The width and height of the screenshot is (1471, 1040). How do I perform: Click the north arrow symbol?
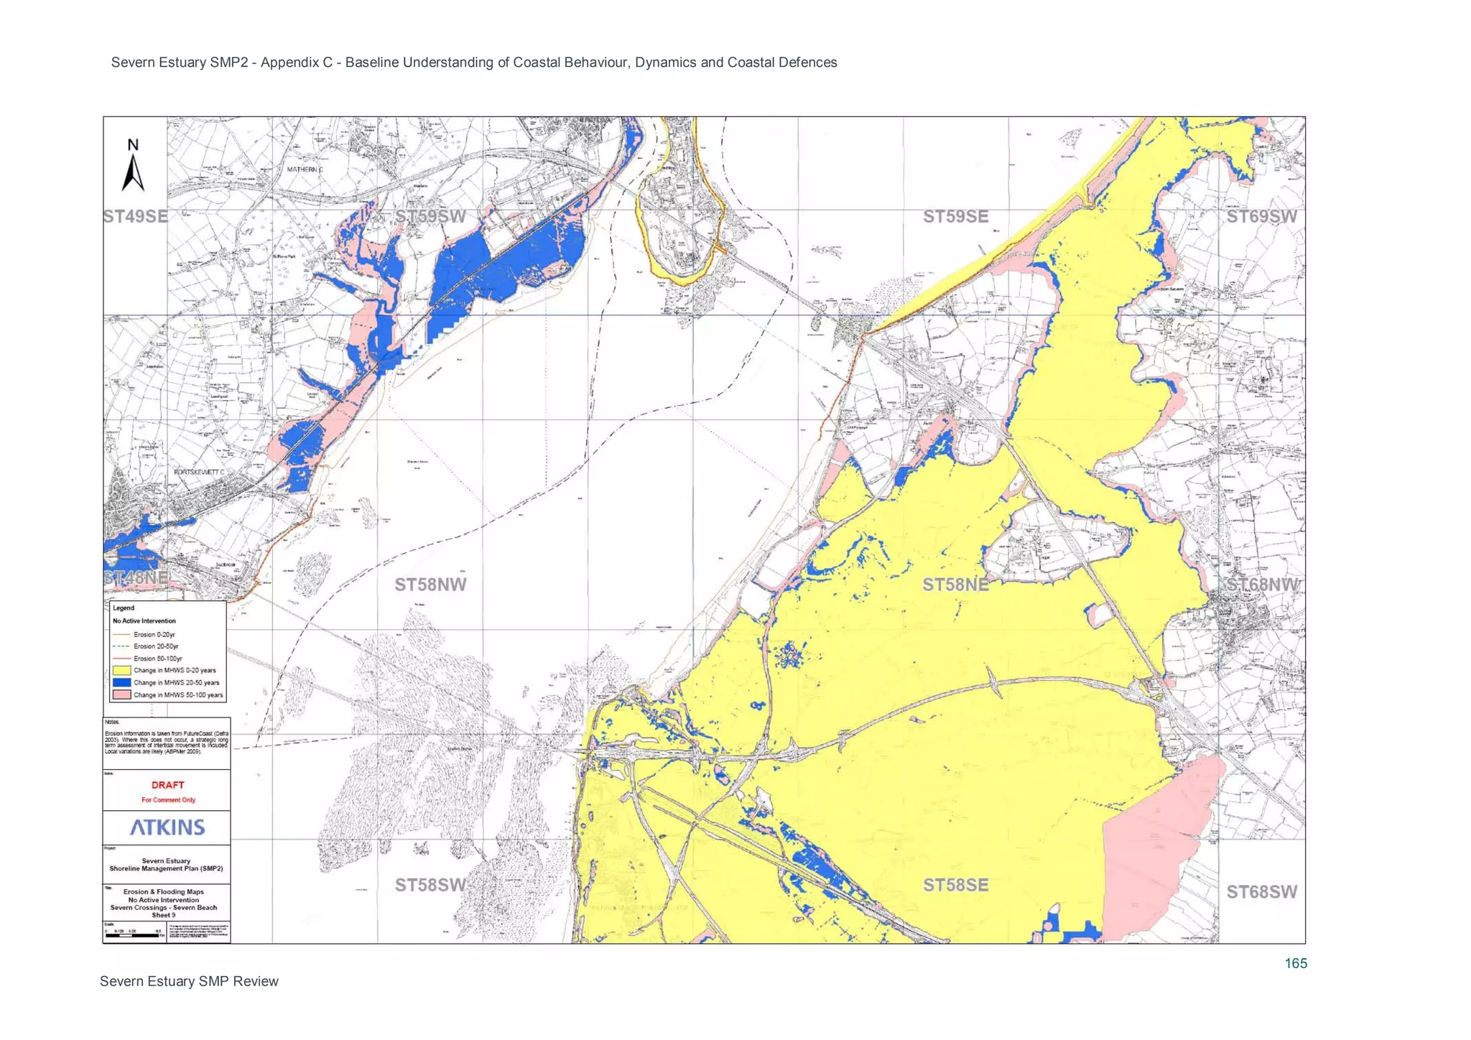tap(133, 167)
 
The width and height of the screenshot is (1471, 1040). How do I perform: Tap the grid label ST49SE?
tap(135, 216)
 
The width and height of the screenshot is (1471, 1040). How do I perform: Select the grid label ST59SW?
tap(430, 216)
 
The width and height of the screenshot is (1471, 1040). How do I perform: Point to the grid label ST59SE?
tap(955, 216)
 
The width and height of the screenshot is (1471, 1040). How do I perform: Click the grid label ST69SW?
tap(1262, 216)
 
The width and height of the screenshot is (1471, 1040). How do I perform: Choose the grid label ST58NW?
tap(430, 585)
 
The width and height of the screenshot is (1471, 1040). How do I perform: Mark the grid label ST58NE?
tap(955, 585)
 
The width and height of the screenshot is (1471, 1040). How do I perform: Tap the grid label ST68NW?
tap(1262, 585)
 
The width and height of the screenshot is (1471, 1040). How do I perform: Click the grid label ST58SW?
tap(430, 885)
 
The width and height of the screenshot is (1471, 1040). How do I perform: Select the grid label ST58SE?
tap(955, 885)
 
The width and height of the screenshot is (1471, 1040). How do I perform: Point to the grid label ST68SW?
tap(1262, 891)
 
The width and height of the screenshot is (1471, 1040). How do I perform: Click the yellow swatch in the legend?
tap(121, 671)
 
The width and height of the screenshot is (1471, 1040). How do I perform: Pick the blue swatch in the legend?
tap(121, 683)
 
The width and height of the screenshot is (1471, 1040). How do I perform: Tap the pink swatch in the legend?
tap(121, 695)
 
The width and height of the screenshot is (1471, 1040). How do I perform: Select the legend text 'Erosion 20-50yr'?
tap(156, 646)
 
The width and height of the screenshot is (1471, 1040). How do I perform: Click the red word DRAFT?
tap(167, 785)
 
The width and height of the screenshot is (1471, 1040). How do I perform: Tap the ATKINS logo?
tap(167, 827)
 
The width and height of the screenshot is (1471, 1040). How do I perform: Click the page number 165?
tap(1296, 963)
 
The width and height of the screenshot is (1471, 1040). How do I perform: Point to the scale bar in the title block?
tap(133, 935)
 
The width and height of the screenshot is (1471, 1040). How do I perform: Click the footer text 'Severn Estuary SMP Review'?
tap(189, 981)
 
